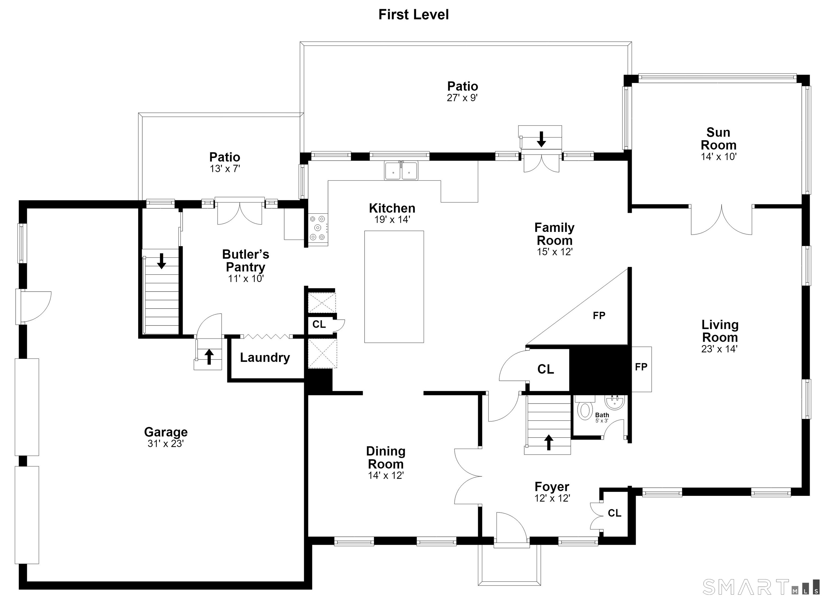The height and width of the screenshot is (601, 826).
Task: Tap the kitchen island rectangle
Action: (394, 287)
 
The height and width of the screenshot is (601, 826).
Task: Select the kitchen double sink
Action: (401, 171)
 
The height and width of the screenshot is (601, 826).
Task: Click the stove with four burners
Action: (318, 228)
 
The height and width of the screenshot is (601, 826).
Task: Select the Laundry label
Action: (265, 358)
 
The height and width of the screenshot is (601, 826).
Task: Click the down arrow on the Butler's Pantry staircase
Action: (161, 261)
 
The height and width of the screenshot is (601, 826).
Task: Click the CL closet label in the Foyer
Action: (614, 513)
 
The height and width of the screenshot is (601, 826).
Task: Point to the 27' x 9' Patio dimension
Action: (462, 98)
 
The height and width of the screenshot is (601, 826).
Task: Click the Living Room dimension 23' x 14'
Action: (719, 349)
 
